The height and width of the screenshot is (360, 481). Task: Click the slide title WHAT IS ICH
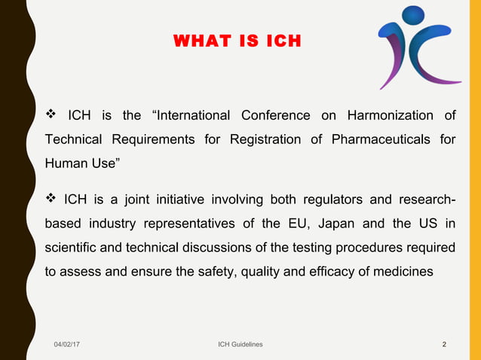coord(237,41)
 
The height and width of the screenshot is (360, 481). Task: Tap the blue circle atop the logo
coord(413,15)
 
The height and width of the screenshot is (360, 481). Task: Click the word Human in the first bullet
coord(66,163)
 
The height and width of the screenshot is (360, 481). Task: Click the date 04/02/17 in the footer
coord(68,344)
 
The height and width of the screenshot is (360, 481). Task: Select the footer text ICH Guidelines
coord(240,344)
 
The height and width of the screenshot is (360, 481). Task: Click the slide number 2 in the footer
coord(444,344)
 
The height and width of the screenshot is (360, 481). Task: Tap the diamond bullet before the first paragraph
coord(51,115)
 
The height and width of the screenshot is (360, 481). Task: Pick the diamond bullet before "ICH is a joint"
coord(51,200)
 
